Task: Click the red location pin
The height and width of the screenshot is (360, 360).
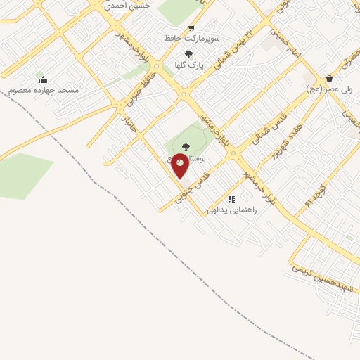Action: point(180,165)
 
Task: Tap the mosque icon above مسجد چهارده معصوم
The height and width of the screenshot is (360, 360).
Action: point(43,79)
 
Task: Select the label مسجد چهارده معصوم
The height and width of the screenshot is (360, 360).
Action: point(44,91)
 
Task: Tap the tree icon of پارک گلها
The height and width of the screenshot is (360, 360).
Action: point(188,54)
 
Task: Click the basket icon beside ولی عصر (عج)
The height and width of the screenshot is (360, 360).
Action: point(330,79)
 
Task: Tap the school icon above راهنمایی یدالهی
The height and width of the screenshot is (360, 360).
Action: point(231,199)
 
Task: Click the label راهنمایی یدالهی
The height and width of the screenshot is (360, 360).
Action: point(232,210)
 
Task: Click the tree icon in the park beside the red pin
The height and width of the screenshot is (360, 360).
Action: point(186,146)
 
